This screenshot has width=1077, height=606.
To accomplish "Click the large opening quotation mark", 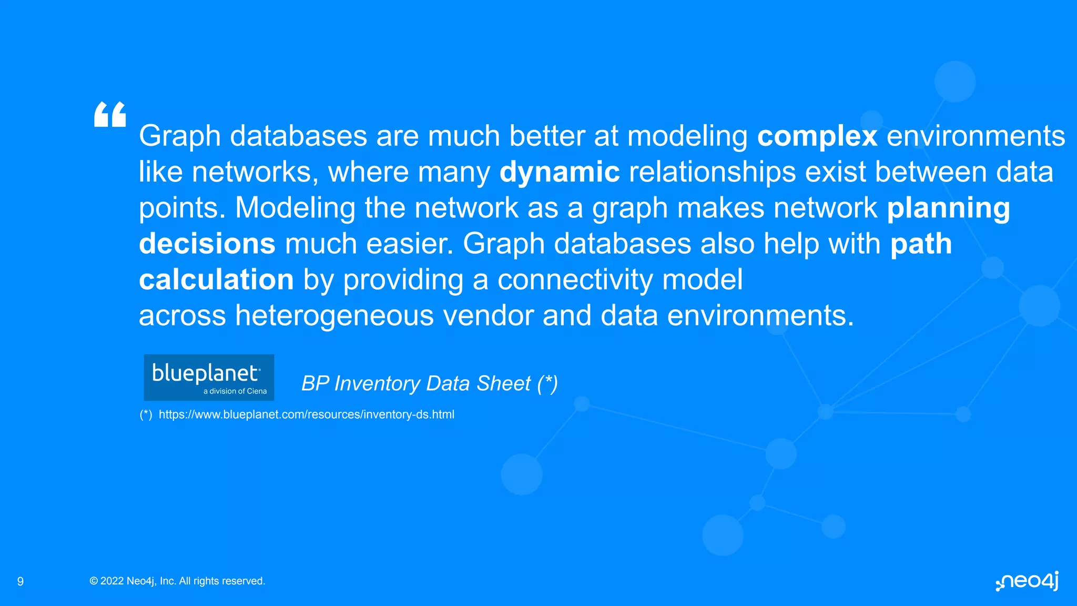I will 110,115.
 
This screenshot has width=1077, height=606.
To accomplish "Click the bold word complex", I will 817,136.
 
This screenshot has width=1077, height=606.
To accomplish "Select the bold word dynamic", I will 560,172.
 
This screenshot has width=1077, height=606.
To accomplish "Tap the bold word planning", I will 948,208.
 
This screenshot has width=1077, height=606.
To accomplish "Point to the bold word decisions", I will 207,244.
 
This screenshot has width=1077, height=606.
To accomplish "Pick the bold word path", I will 921,244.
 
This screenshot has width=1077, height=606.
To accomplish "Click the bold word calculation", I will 216,279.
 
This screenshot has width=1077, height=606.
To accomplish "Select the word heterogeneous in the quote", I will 334,316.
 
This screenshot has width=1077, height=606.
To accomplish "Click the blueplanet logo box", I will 209,377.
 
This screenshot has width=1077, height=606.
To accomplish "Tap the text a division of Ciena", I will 235,391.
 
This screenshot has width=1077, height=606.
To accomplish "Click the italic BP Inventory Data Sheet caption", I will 429,383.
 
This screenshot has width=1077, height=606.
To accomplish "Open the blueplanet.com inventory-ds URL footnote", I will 306,415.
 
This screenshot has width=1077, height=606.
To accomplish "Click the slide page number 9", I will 21,581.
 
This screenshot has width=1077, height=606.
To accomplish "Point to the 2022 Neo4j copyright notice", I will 177,581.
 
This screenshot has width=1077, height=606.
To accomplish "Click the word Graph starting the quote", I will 180,136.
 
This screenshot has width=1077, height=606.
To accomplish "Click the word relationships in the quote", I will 712,172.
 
